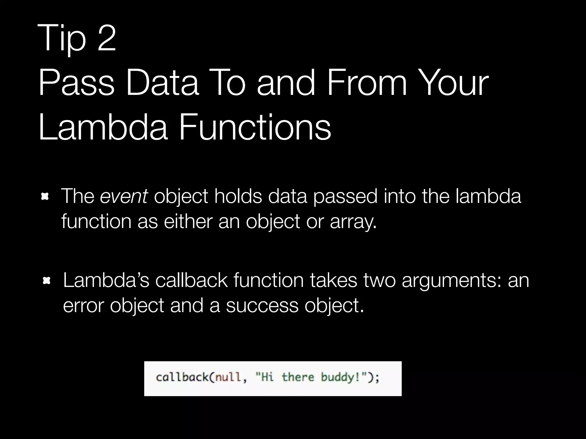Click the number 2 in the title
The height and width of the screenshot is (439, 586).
point(106,38)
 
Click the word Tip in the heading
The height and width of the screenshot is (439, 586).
point(62,38)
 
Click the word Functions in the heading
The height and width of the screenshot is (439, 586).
point(255,127)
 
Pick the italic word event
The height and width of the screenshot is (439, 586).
point(124,196)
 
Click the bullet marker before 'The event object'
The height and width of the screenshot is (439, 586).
point(45,197)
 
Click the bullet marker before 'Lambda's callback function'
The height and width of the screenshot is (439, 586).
point(46,281)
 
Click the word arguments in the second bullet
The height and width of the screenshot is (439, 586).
point(451,281)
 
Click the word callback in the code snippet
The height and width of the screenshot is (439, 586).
point(182,377)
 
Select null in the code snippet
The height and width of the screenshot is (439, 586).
point(228,377)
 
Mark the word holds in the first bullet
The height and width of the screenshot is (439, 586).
point(238,196)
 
